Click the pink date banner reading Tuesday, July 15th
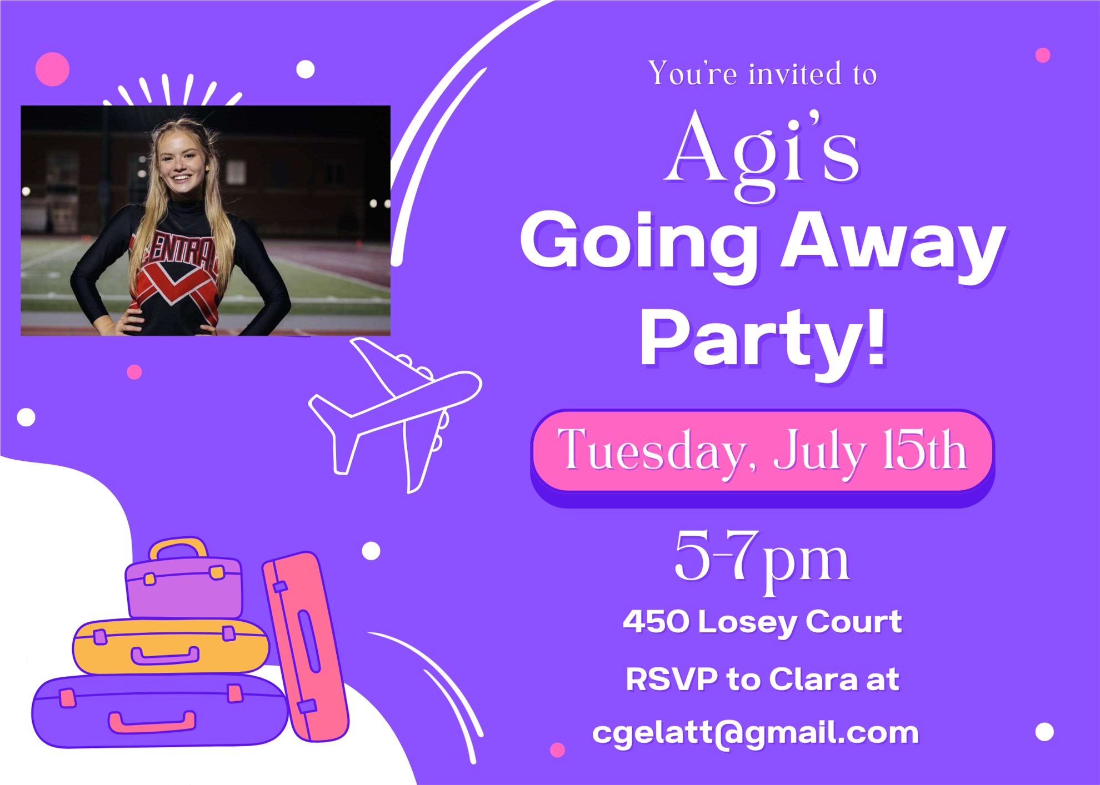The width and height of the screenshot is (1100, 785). pyautogui.click(x=762, y=451)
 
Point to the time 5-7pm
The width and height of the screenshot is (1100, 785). pyautogui.click(x=762, y=558)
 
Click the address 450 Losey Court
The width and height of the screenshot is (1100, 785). pyautogui.click(x=762, y=622)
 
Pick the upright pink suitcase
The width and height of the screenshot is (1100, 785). pyautogui.click(x=306, y=647)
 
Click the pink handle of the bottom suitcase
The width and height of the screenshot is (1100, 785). pyautogui.click(x=152, y=722)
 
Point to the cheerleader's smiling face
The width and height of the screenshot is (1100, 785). pyautogui.click(x=182, y=165)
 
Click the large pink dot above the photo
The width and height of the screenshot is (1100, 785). pyautogui.click(x=52, y=69)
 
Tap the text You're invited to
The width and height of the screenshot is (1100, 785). pyautogui.click(x=762, y=73)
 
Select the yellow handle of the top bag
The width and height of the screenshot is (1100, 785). pyautogui.click(x=178, y=547)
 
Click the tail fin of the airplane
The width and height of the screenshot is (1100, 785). pyautogui.click(x=333, y=439)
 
